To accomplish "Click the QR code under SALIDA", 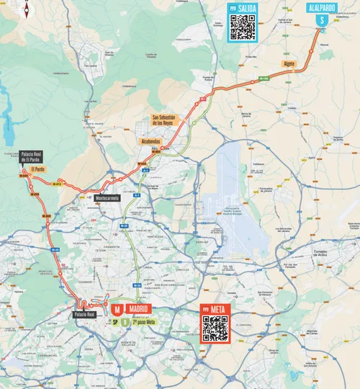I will [x=243, y=27].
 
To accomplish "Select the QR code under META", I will [x=215, y=328].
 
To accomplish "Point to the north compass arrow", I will [x=27, y=9].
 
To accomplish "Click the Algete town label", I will [x=289, y=64].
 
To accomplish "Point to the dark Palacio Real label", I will [x=84, y=315].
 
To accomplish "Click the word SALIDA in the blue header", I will [x=247, y=7].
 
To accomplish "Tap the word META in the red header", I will [x=220, y=309].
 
